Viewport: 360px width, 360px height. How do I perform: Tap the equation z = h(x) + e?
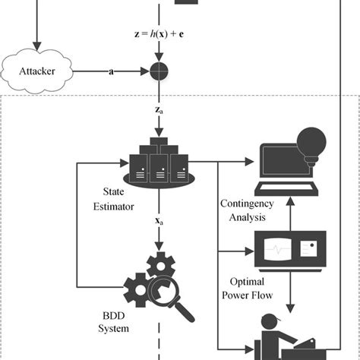point(159,33)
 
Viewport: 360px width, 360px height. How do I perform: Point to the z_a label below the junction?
point(159,110)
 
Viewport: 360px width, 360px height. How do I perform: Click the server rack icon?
point(158,161)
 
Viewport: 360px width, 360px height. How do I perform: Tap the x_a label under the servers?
point(159,222)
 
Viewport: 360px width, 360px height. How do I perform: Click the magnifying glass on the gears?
point(175,300)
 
